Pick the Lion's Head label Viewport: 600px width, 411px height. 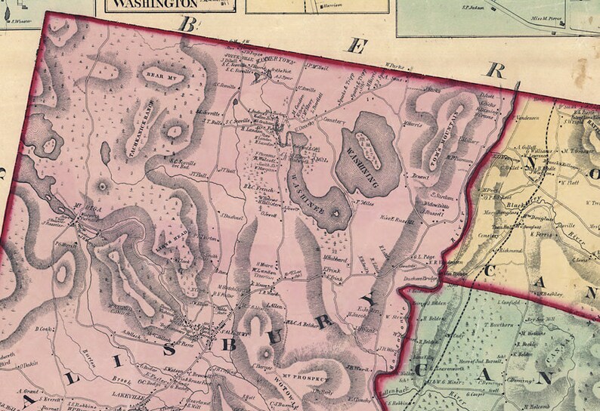[167, 245]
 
